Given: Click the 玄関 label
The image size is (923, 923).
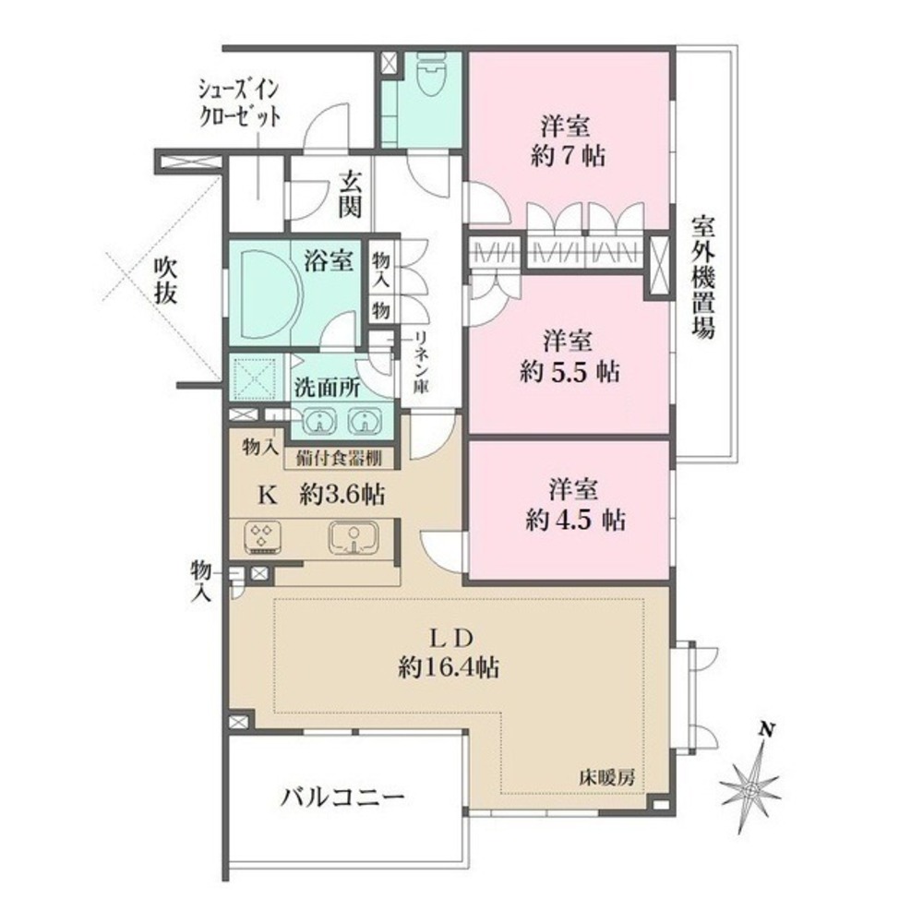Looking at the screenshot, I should [x=349, y=194].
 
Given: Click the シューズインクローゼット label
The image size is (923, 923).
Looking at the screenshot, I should [x=240, y=104].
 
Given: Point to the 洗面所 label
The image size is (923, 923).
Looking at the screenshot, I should [x=327, y=389].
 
